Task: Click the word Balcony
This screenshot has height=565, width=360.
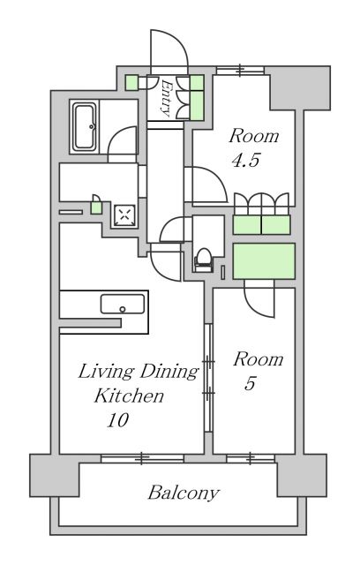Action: tap(184, 493)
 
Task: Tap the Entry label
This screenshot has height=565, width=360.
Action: tap(166, 98)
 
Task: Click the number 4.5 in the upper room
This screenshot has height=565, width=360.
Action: tap(245, 161)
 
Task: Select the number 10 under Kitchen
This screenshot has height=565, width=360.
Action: tap(117, 420)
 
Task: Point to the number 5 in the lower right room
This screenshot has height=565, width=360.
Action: tap(250, 383)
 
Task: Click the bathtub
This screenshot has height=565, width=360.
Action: tap(85, 126)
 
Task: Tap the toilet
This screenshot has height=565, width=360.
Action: tap(204, 259)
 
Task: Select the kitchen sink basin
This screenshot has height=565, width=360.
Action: tap(123, 304)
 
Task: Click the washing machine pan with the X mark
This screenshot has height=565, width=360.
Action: tap(125, 215)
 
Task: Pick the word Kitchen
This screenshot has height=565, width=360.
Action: tap(129, 396)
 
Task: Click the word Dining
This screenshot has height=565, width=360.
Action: tap(169, 372)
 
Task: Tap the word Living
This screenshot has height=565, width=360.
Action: tap(106, 372)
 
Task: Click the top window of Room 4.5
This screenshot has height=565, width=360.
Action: tap(240, 70)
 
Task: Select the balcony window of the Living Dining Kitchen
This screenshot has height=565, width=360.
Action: tap(142, 458)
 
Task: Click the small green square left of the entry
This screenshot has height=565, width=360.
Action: tap(131, 83)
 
